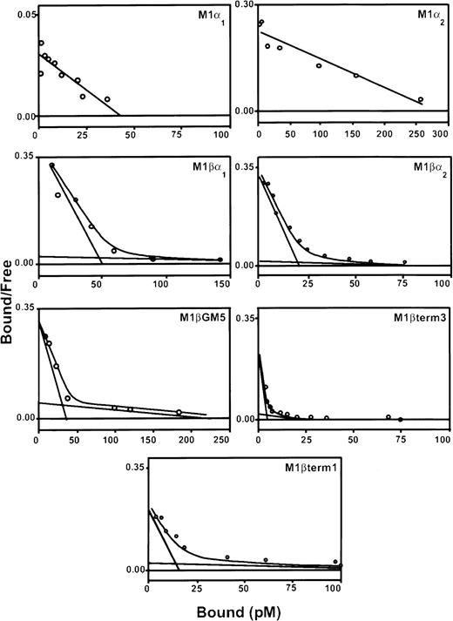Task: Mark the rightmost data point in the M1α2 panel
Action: click(x=421, y=100)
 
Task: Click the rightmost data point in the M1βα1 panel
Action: click(x=220, y=260)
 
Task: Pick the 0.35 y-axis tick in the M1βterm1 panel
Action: click(x=130, y=468)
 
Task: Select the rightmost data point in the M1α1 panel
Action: click(x=107, y=99)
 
